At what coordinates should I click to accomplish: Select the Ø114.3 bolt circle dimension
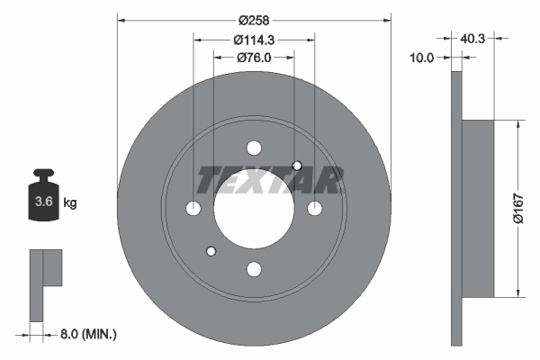[254, 40]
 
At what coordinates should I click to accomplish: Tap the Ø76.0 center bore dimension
[254, 58]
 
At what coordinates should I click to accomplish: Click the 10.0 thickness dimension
[423, 58]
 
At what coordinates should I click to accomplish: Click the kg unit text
[70, 203]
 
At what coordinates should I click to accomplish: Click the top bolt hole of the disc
[254, 148]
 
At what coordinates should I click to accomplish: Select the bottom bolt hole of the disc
[254, 268]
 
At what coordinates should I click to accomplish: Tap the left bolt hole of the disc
[193, 209]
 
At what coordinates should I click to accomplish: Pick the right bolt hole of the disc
[314, 209]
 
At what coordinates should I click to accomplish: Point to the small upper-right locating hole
[297, 165]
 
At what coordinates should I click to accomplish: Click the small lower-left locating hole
[211, 251]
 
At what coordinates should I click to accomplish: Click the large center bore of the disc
[254, 209]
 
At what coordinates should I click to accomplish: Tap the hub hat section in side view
[479, 209]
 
